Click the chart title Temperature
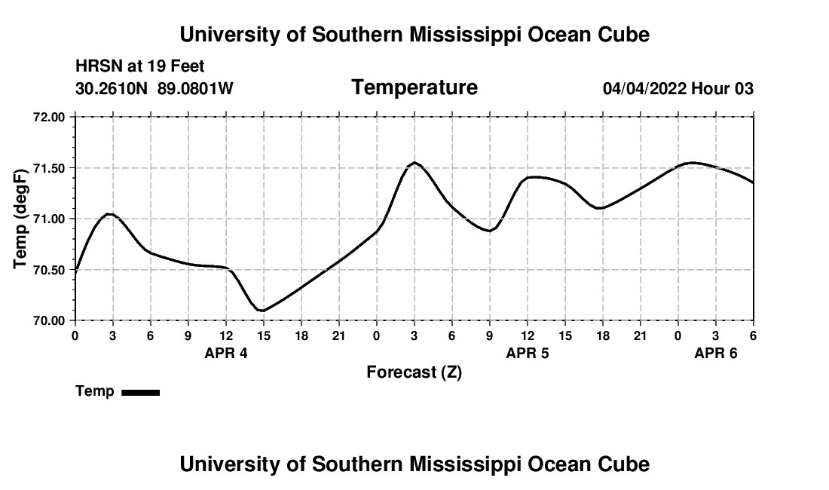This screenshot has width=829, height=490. [414, 88]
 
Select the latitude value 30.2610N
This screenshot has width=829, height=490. [112, 89]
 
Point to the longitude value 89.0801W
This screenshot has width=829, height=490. [195, 89]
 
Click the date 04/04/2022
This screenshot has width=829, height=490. [644, 89]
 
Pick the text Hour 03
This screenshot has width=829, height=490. [723, 89]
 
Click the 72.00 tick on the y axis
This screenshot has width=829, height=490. [50, 118]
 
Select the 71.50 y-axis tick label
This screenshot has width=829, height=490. [50, 168]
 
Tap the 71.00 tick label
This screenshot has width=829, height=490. [50, 219]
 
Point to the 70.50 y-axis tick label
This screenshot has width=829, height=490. [50, 270]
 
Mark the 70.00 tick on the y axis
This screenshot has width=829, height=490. [50, 320]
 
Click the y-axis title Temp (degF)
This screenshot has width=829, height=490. [21, 219]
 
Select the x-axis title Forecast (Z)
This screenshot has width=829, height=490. [414, 372]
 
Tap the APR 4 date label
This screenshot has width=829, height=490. [226, 353]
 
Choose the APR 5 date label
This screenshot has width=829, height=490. [528, 353]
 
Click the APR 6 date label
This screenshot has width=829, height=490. [715, 353]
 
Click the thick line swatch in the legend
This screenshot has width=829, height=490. [140, 392]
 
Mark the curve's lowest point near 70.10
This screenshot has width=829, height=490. [262, 311]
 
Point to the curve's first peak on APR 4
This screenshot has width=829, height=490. [109, 214]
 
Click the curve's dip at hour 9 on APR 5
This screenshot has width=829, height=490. [489, 231]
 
